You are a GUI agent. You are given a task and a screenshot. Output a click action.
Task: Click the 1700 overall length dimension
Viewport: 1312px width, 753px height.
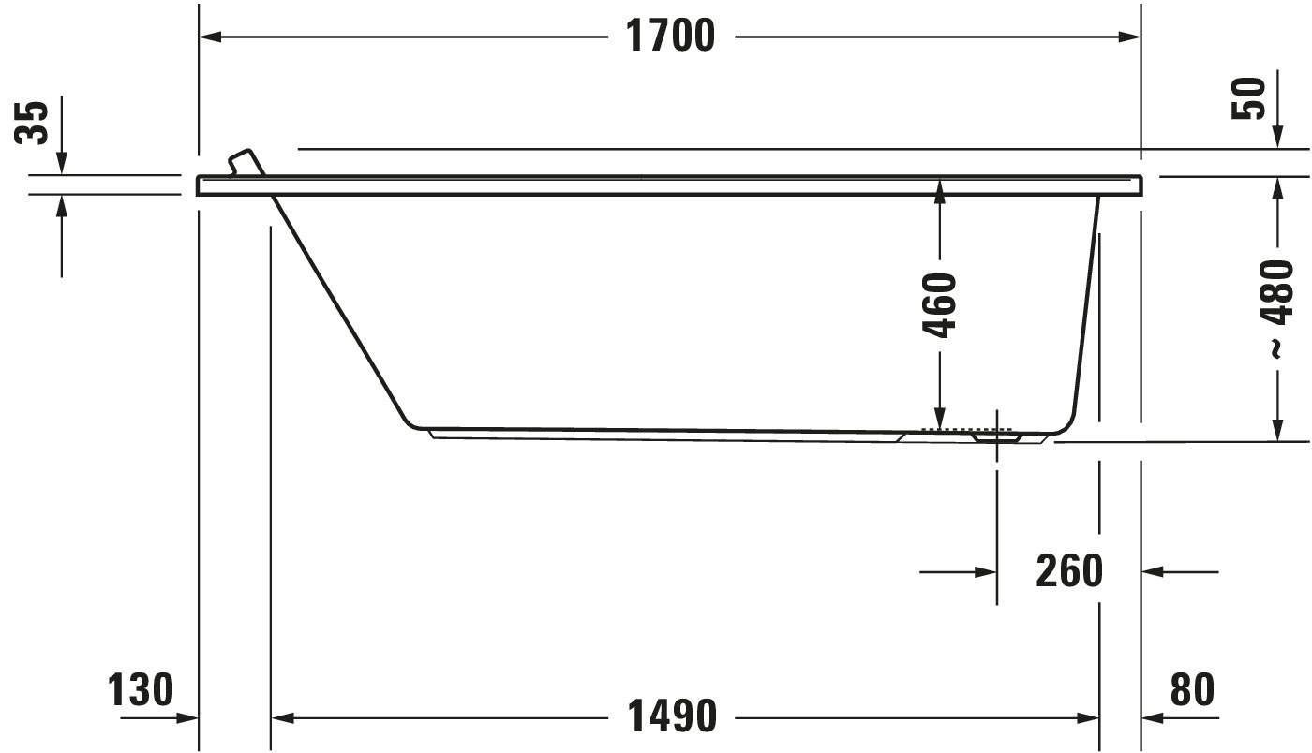(x=671, y=36)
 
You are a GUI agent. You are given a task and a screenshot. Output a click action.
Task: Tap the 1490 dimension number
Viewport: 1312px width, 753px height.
(x=672, y=716)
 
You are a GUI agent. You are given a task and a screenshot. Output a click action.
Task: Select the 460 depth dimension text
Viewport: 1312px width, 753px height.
(x=939, y=305)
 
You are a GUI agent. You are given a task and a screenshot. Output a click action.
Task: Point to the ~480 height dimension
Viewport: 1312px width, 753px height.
(x=1276, y=308)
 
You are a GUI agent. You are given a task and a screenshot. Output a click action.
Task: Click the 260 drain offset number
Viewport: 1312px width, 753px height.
(x=1069, y=571)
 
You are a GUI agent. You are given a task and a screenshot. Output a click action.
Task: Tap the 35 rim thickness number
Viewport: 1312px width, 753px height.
(x=31, y=123)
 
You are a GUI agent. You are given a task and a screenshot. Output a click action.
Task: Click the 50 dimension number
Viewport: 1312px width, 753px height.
(x=1248, y=98)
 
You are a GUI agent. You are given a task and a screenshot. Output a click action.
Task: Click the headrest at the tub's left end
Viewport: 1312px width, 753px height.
(x=246, y=162)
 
